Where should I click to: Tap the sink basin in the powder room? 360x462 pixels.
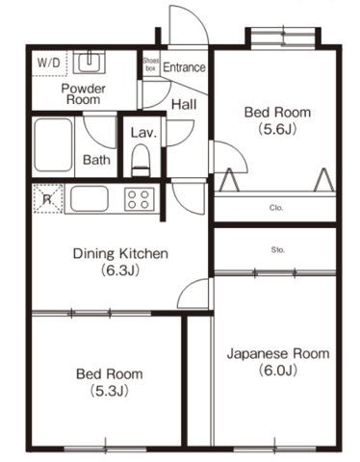point(91,64)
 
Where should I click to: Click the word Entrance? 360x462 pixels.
point(183,67)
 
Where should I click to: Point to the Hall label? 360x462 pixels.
point(184,104)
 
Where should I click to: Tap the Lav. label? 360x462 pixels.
point(141,131)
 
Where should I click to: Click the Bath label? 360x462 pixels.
point(95,160)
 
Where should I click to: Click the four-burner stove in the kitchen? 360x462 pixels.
point(138,199)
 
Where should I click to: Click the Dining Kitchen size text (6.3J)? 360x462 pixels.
point(121,270)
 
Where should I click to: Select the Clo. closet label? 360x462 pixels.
point(275,207)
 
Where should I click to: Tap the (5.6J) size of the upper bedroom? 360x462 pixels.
point(275,128)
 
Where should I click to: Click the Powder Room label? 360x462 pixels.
point(84,93)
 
